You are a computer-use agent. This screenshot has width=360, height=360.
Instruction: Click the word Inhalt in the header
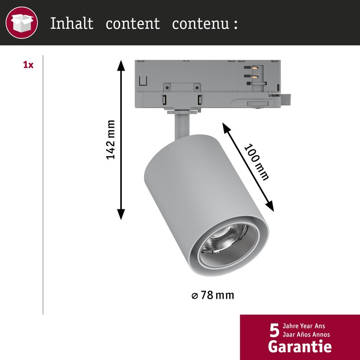pyautogui.click(x=72, y=23)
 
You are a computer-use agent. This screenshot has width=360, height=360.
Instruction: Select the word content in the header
pyautogui.click(x=133, y=23)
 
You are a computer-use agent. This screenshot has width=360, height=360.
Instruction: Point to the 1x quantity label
pyautogui.click(x=28, y=65)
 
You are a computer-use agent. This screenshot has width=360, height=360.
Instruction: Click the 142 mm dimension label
pyautogui.click(x=111, y=139)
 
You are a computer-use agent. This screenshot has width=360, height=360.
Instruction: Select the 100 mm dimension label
pyautogui.click(x=255, y=162)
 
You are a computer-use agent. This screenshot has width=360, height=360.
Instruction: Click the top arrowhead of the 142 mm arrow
pyautogui.click(x=121, y=63)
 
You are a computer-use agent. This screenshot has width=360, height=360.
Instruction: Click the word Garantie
pyautogui.click(x=300, y=347)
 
